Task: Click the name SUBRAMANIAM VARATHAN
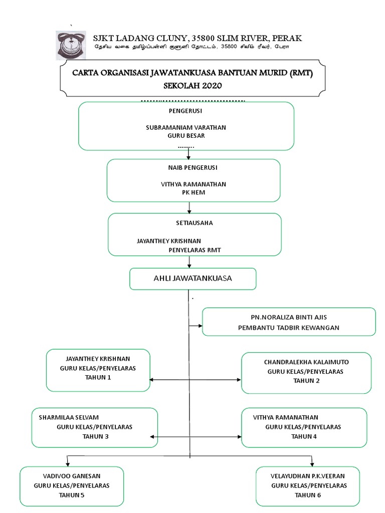click(x=185, y=127)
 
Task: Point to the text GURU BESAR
click(x=186, y=136)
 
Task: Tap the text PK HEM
click(x=193, y=192)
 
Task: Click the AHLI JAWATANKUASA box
click(x=192, y=279)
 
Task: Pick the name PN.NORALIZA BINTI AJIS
click(x=288, y=318)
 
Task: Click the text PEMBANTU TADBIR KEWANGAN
click(x=288, y=327)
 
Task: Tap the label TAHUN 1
click(x=98, y=377)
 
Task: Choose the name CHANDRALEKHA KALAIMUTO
click(x=306, y=362)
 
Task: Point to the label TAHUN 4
click(x=304, y=436)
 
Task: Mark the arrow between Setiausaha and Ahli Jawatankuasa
click(x=188, y=262)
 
